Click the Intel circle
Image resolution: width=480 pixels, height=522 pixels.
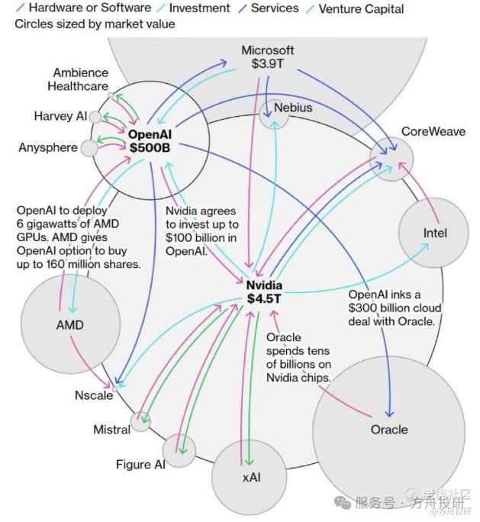432,233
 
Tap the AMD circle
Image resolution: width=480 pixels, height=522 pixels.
69,325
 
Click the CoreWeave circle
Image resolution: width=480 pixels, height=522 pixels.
391,159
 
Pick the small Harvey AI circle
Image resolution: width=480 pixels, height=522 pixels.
95,117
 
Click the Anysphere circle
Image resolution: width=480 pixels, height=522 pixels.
89,147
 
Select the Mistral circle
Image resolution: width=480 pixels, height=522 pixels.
140,420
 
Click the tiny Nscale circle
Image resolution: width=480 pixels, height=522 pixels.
114,388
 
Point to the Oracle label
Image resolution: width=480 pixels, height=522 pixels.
389,430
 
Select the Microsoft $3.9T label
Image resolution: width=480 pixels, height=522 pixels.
267,57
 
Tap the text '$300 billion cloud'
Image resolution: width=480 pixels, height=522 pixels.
395,308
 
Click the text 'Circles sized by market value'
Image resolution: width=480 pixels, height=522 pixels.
95,24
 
